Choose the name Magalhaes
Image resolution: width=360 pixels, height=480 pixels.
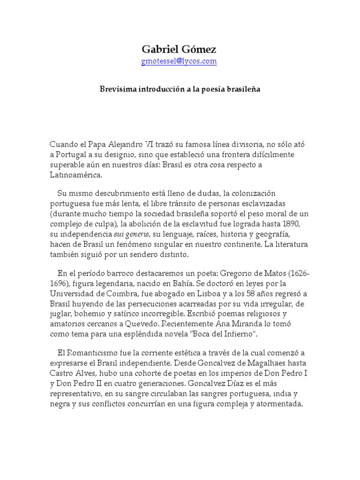coord(255,363)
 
